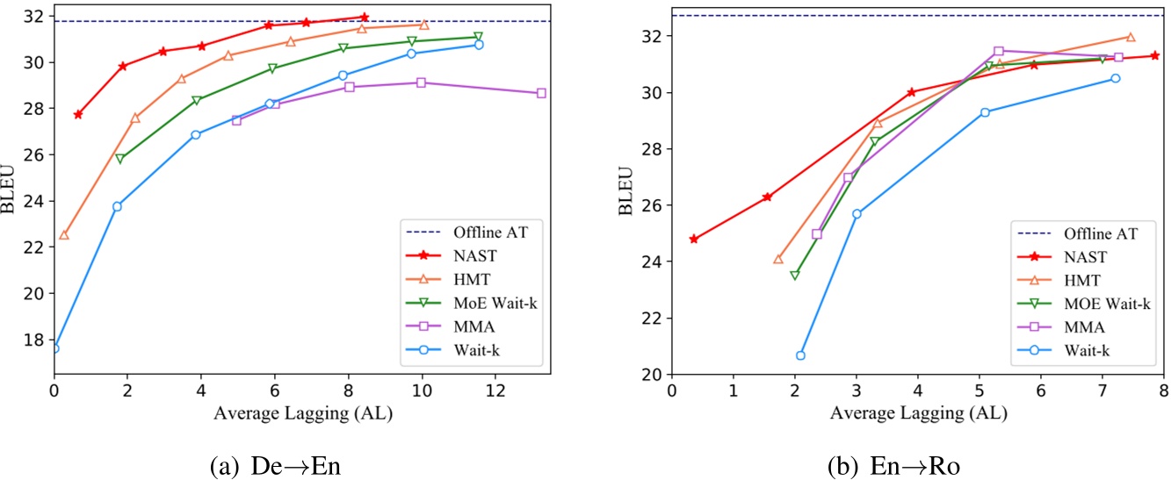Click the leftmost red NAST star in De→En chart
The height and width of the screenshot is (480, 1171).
(x=78, y=114)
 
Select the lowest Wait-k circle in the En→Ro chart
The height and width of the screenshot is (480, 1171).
(x=800, y=355)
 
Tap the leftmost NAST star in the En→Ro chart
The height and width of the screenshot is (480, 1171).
(x=694, y=239)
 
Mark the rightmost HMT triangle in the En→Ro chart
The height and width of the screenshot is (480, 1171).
(x=1130, y=37)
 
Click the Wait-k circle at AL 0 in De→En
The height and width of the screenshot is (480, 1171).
(x=54, y=348)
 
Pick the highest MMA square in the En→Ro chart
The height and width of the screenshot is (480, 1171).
(x=998, y=51)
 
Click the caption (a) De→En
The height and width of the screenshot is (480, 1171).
(x=276, y=462)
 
